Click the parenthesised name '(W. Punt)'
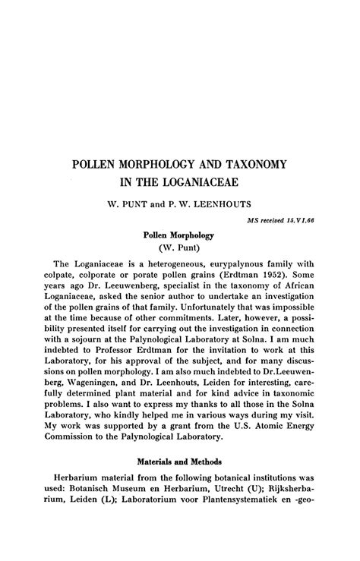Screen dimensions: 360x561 [179, 248]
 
